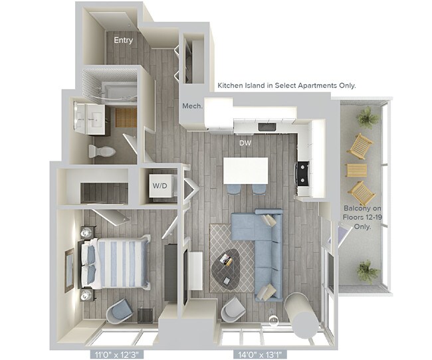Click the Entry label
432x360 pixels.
(x=123, y=41)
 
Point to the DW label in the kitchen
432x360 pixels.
(x=246, y=142)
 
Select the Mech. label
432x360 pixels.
(x=192, y=106)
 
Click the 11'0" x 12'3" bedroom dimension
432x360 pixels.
(x=116, y=355)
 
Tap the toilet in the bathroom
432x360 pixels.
(x=103, y=151)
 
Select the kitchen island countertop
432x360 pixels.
(x=245, y=170)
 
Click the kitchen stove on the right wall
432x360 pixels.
(x=303, y=173)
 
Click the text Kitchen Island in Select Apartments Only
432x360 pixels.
(x=286, y=86)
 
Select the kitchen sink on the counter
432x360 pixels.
(x=267, y=126)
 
